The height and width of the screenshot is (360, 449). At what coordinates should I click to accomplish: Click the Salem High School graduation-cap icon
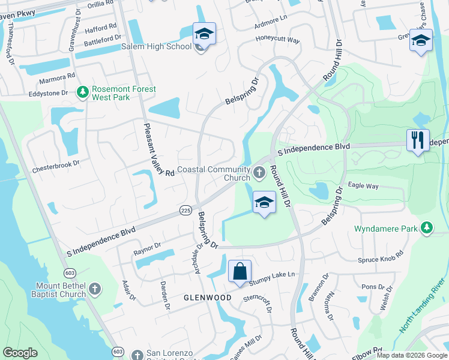coord(203,34)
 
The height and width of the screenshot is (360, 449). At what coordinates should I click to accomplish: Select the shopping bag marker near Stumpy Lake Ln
coord(240,272)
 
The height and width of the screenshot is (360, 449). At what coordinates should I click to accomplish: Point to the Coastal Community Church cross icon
coord(259,173)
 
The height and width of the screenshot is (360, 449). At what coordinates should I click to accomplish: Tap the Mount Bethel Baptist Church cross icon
coord(94,290)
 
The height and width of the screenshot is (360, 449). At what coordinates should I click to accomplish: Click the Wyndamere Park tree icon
coord(427,228)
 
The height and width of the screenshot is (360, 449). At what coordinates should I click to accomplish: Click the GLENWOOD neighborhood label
coord(207,298)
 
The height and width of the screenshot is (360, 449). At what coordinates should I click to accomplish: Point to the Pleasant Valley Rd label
coord(158,149)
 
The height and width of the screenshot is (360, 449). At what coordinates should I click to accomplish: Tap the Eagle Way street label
coord(363,187)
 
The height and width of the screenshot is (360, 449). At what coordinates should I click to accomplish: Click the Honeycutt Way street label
coord(277,40)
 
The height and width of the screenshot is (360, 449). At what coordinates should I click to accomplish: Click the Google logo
coord(20,352)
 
